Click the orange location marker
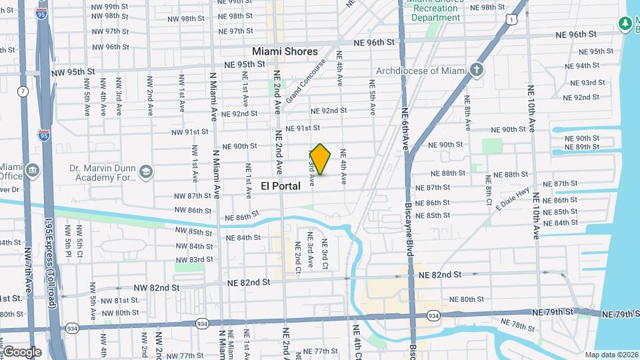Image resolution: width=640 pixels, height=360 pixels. pos(321,159)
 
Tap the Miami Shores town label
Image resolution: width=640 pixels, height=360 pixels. pos(285,51)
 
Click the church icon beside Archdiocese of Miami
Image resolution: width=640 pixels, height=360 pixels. pos(476,69)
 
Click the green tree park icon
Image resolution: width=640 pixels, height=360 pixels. pos(625,25)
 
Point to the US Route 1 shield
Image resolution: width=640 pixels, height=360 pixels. pos(511,21)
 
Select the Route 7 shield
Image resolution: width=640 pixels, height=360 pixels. pos(23,91)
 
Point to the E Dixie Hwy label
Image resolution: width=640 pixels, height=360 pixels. pos(512,199)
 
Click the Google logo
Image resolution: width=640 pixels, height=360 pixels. pos(22,352)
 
